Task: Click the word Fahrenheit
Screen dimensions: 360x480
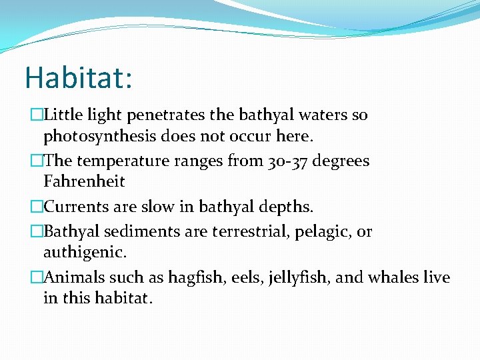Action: click(84, 181)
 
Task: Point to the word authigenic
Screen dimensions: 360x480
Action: click(84, 253)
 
